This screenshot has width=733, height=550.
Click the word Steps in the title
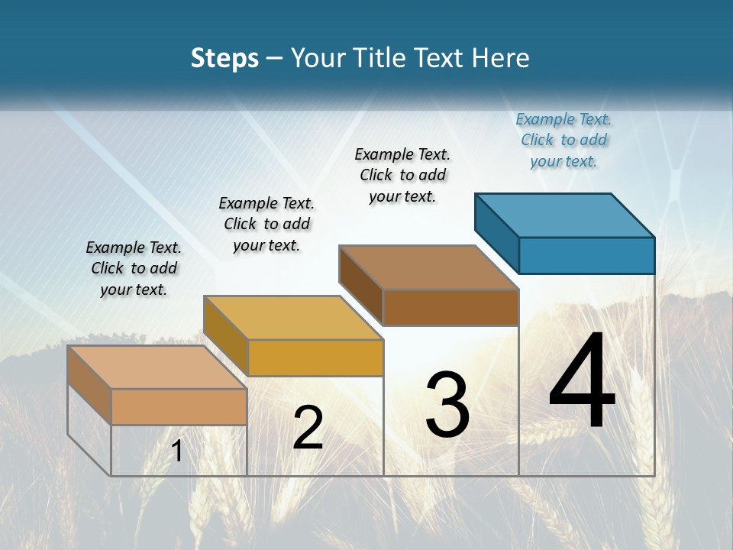coord(224,59)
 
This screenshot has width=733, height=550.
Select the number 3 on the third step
coord(447,405)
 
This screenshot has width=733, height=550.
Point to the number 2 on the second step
coord(308,428)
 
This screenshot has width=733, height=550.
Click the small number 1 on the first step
coord(177,451)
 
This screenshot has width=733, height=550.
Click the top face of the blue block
coord(565,215)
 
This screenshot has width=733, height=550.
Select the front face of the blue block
coord(586,255)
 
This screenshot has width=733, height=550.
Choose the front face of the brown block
coord(450,308)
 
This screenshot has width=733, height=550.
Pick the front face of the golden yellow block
coord(315,357)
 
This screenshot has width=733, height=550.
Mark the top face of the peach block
coord(157,367)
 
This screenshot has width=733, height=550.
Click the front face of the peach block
coord(179,406)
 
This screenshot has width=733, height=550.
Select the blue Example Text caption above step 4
coord(563,141)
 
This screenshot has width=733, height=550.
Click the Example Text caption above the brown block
coord(402,175)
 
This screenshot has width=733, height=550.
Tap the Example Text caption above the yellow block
coord(266,224)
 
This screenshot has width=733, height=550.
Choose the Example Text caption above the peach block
coord(134,268)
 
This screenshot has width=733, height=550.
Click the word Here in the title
coord(501,59)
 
